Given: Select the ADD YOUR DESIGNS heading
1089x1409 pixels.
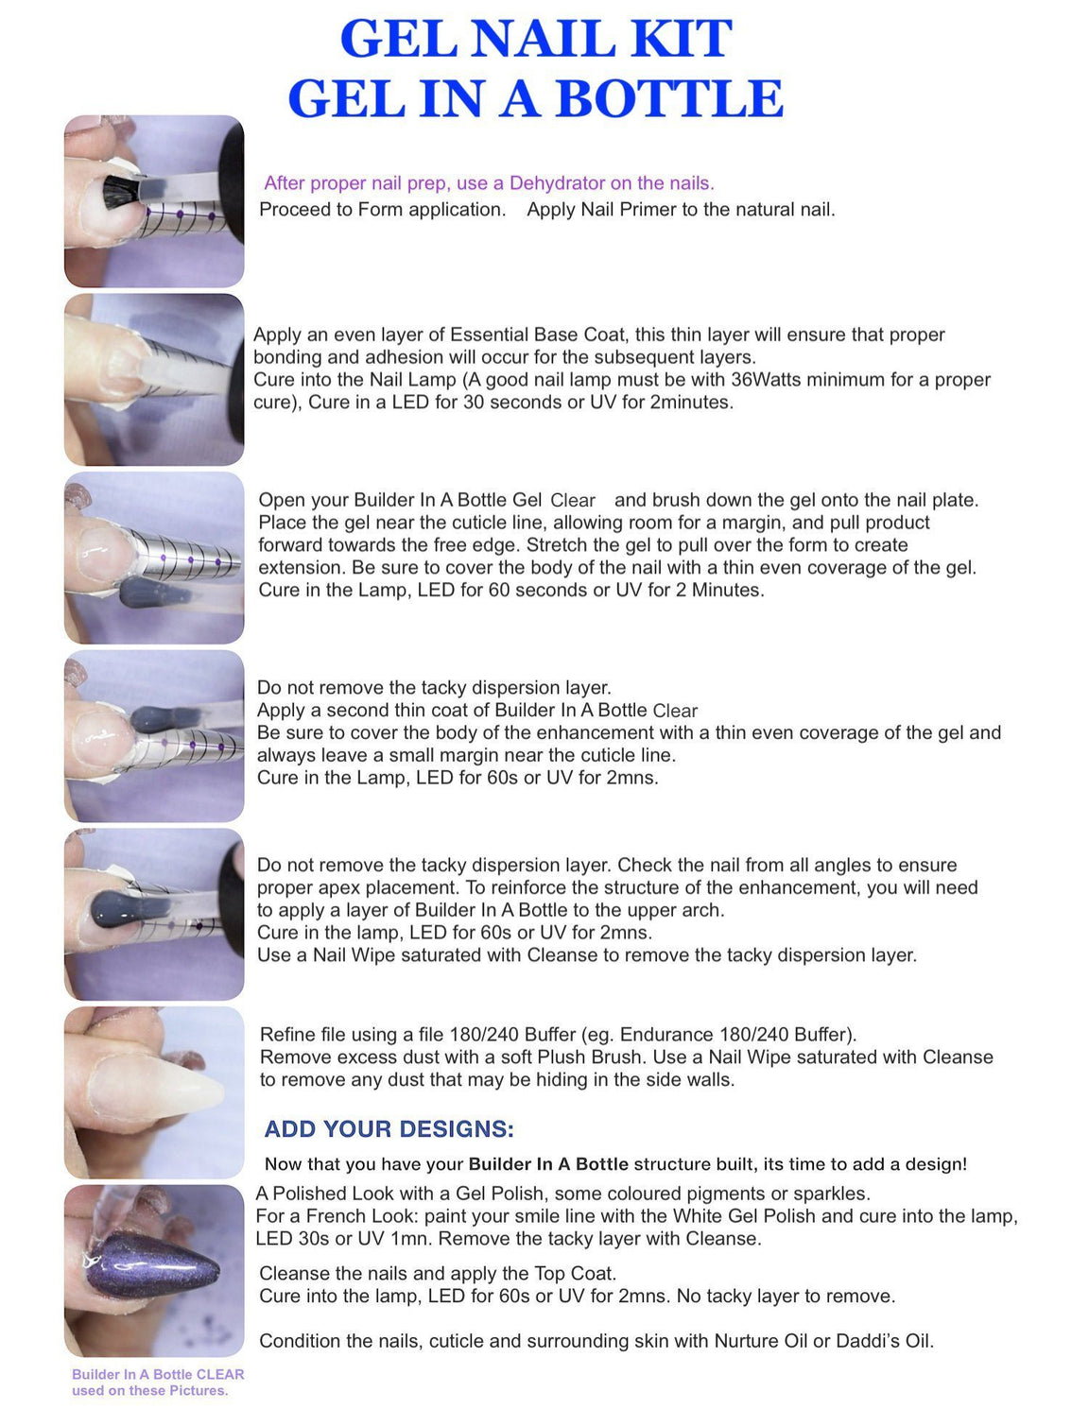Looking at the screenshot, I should click(389, 1129).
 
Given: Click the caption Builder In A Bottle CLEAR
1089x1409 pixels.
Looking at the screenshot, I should click(158, 1375).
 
